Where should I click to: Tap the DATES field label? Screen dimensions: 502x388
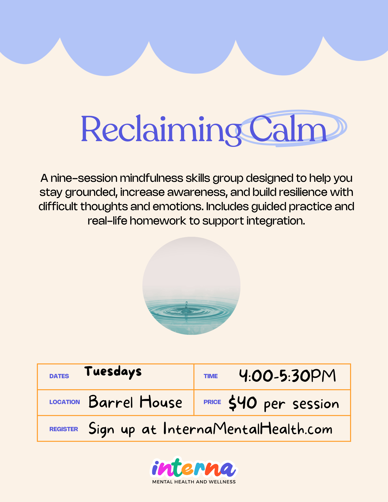coord(59,376)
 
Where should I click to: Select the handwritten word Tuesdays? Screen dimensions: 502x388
coord(113,372)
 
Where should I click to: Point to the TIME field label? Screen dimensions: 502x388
coord(210,376)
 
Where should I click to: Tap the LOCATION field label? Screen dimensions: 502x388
coord(65,402)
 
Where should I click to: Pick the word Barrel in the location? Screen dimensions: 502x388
coord(110,402)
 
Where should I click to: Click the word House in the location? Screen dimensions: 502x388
coord(161,402)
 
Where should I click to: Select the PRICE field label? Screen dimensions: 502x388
coord(212,402)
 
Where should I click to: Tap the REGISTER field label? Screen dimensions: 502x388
coord(64,429)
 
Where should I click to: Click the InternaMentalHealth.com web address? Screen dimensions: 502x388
coord(248,429)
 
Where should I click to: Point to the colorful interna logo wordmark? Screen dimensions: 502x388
coord(194,468)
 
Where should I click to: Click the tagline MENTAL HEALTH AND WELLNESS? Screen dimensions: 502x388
coord(194,482)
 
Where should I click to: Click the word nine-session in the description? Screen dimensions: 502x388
coord(84,178)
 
